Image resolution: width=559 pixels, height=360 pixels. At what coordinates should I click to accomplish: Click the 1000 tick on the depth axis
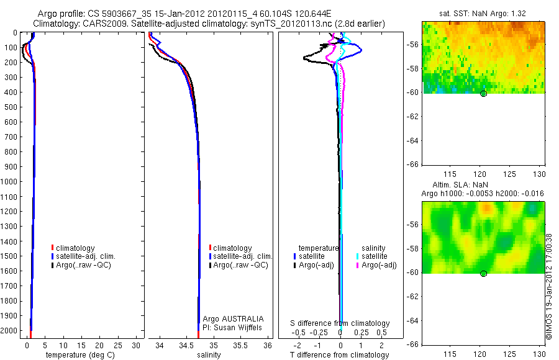click(11, 181)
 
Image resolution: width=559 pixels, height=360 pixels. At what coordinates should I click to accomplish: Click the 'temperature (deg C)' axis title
click(79, 355)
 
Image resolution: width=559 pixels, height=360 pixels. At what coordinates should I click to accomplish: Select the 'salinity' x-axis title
click(209, 355)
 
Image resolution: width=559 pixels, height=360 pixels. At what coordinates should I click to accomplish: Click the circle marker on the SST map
click(483, 94)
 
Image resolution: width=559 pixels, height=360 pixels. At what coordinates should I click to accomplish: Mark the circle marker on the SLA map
click(483, 274)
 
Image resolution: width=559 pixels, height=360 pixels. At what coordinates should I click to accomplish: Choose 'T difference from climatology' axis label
click(339, 355)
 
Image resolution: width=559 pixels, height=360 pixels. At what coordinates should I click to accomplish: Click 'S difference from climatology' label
click(340, 323)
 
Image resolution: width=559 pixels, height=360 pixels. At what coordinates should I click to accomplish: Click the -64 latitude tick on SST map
click(412, 140)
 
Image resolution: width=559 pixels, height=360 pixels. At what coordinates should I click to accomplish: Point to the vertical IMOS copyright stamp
click(549, 286)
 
